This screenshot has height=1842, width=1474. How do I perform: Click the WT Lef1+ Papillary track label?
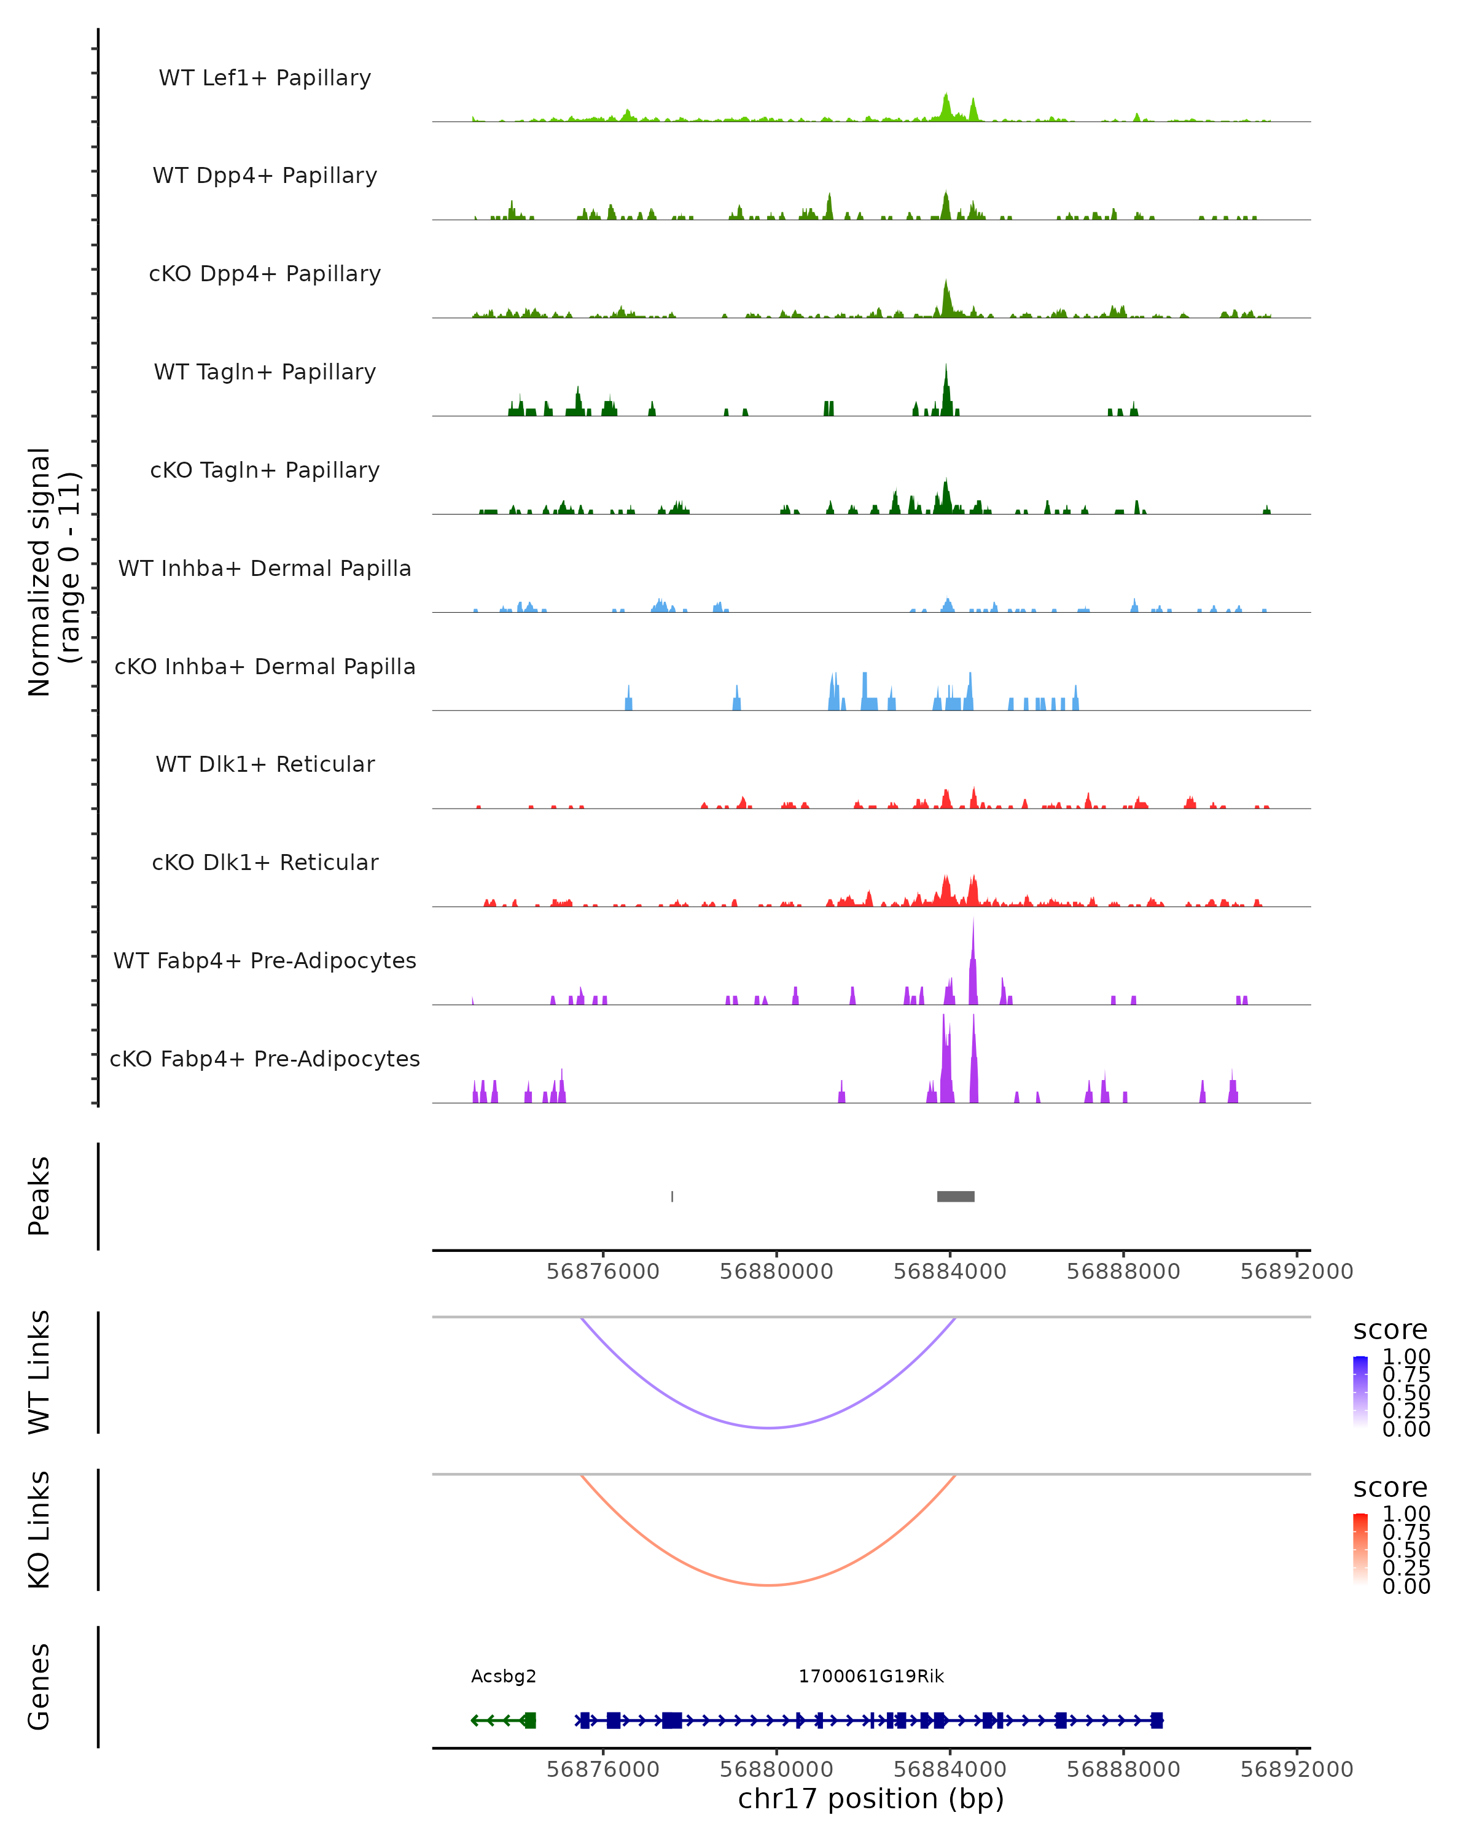[x=265, y=78]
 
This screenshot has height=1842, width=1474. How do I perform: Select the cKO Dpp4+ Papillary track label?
[x=265, y=274]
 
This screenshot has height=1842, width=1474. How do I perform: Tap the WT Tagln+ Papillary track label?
[x=265, y=373]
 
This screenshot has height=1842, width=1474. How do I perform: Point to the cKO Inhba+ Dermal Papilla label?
[x=265, y=667]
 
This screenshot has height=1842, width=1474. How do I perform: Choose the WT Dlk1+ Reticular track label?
[x=265, y=764]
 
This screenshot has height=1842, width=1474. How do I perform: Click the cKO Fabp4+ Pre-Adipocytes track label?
[x=265, y=1059]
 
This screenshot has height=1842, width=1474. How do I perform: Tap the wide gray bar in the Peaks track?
[x=955, y=1196]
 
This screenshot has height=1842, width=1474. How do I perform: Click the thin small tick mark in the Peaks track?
[x=673, y=1196]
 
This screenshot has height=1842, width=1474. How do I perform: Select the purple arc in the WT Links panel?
[x=769, y=1427]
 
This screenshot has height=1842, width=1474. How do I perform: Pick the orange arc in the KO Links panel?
[x=769, y=1585]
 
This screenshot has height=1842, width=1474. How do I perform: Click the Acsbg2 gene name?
[x=503, y=1676]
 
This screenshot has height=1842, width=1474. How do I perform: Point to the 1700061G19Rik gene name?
[x=871, y=1676]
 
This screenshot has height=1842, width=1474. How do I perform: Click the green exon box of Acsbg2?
[x=529, y=1720]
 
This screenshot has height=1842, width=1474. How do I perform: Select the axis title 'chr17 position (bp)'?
[x=871, y=1798]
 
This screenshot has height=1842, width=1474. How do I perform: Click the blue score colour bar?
[x=1360, y=1391]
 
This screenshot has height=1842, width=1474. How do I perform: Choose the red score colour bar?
[x=1360, y=1548]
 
